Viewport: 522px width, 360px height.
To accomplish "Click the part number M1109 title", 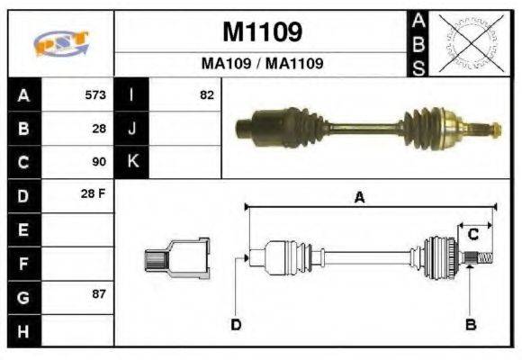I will click(261, 32).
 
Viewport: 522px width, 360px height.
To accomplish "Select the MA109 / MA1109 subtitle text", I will click(261, 65).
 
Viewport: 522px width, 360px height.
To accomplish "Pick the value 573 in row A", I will click(94, 94).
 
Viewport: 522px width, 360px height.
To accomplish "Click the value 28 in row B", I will click(99, 129).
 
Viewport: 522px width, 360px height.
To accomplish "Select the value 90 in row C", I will click(99, 162).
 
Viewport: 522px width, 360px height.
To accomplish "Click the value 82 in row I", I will click(206, 94).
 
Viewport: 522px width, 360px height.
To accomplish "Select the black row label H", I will click(23, 330).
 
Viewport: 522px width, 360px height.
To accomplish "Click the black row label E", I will click(23, 229).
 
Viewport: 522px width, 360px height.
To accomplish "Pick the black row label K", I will click(132, 162).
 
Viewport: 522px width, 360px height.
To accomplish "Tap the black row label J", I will click(132, 129).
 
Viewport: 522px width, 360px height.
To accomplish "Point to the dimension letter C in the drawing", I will click(472, 235).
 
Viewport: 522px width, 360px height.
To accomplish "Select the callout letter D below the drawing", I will click(236, 324).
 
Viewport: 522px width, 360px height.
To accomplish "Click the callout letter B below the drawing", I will click(470, 324).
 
